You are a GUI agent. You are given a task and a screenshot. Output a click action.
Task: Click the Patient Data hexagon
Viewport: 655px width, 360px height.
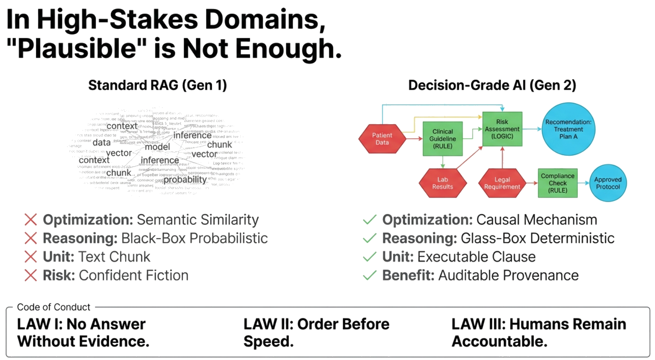(x=382, y=139)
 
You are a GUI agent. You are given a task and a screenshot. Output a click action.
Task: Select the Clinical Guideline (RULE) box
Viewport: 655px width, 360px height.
(x=442, y=139)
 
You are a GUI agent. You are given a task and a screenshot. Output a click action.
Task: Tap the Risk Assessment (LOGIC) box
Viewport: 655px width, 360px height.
(x=502, y=129)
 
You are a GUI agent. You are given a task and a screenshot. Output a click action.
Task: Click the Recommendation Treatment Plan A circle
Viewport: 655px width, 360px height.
(x=568, y=129)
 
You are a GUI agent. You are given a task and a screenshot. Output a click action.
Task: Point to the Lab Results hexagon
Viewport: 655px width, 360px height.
(x=442, y=183)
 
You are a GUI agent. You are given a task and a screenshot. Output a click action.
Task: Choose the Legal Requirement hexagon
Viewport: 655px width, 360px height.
(x=502, y=183)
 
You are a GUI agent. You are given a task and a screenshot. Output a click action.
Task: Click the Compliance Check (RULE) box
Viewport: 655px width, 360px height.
(x=557, y=183)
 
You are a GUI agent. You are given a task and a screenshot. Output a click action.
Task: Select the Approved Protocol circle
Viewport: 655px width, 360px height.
(x=608, y=183)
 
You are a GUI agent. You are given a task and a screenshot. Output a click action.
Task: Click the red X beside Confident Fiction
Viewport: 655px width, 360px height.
(x=31, y=275)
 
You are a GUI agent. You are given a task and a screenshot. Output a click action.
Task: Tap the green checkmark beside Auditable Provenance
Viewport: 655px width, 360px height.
(x=369, y=275)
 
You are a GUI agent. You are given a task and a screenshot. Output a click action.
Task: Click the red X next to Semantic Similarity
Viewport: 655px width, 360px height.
(x=31, y=220)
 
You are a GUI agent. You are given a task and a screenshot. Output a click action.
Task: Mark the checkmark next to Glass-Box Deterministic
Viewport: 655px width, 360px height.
(x=369, y=238)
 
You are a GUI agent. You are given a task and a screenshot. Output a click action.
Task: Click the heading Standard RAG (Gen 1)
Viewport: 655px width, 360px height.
(x=157, y=85)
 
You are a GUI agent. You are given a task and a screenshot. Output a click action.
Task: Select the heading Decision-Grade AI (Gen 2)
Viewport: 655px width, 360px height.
(x=492, y=85)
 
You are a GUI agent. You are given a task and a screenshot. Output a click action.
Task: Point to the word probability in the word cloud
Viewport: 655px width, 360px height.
(x=185, y=180)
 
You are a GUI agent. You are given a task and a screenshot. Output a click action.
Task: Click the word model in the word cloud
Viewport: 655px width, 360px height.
(x=157, y=147)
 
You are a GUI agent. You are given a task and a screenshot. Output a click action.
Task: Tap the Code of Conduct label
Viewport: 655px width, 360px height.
(x=54, y=307)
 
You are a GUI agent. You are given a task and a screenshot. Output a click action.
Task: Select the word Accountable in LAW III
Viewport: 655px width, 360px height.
(x=499, y=342)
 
